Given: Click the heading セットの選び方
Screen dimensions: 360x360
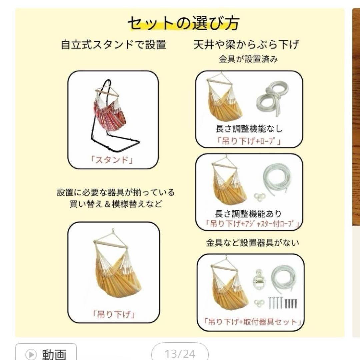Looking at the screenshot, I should [x=183, y=23].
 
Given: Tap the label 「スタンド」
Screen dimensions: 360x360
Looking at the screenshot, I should [x=112, y=160].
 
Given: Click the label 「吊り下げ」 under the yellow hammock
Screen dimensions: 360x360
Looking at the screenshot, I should [x=114, y=314].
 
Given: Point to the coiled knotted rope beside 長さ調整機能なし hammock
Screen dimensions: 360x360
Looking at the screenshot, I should [x=272, y=98].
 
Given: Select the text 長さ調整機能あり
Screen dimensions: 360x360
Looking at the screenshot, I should [x=248, y=213].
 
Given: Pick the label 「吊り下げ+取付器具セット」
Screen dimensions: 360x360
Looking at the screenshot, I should [x=250, y=322].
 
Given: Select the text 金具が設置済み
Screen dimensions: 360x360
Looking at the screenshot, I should [x=248, y=60].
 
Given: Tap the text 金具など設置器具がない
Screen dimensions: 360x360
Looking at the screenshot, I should [x=252, y=243].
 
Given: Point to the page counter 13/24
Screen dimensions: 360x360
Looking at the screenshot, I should [x=180, y=354].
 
